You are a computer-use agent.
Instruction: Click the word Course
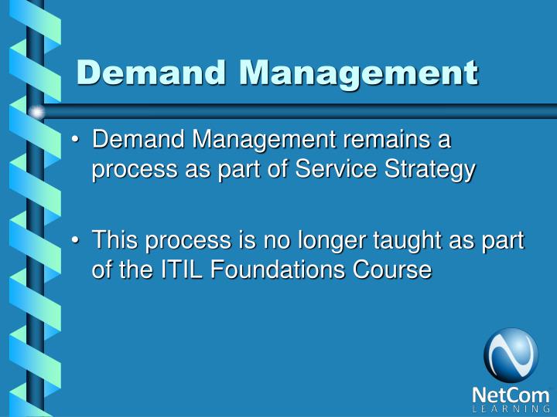point(397,270)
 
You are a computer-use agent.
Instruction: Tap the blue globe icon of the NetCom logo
point(511,354)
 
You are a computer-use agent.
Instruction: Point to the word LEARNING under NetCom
point(511,409)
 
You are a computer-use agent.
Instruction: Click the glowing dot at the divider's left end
point(36,113)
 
